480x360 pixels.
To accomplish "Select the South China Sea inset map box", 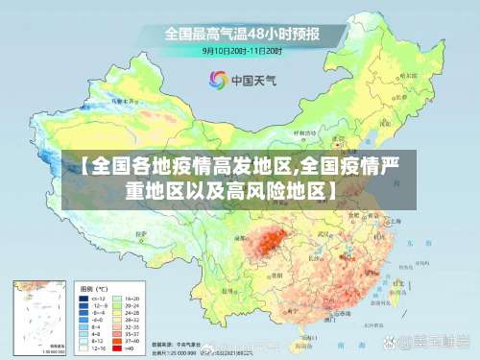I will [39, 317].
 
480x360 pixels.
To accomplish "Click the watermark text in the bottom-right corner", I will [433, 342].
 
